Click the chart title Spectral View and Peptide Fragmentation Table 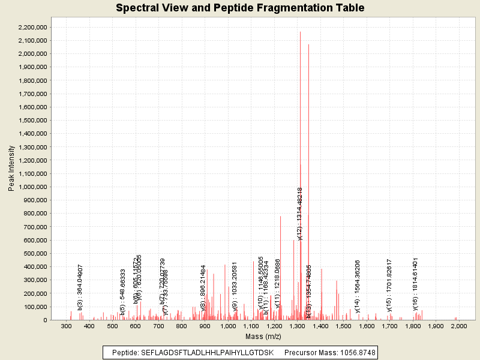[240, 8]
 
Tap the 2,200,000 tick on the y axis [33, 28]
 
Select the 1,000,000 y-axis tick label [33, 187]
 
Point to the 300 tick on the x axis [66, 326]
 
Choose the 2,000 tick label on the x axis [458, 326]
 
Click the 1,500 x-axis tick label [343, 326]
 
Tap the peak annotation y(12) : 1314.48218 [300, 213]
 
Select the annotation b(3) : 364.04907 [80, 287]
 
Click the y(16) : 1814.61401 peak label [415, 284]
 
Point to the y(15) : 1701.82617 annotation [389, 285]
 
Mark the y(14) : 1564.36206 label [358, 286]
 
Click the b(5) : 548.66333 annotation [123, 292]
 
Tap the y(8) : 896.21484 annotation [203, 287]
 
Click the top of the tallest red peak [301, 32]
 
